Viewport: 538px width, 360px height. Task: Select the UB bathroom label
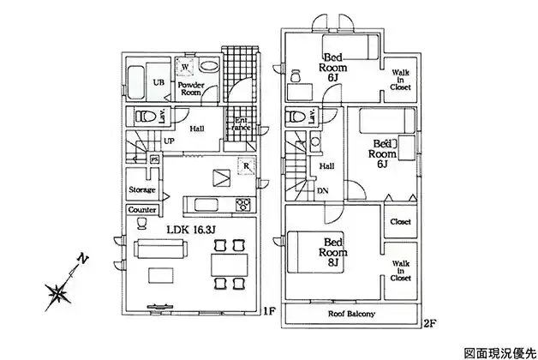158,82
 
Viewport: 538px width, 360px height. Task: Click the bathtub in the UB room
136,82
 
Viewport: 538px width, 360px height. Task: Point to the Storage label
141,189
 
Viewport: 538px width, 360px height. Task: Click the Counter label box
141,210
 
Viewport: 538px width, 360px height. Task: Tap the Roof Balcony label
351,315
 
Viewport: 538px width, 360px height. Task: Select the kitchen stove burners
242,204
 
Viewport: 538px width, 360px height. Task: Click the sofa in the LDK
162,249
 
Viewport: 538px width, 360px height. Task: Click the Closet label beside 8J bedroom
400,221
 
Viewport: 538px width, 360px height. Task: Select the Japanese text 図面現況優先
498,352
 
